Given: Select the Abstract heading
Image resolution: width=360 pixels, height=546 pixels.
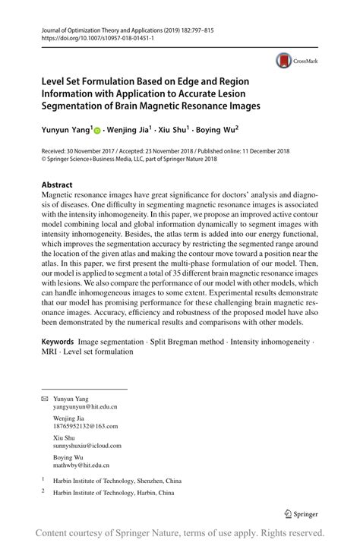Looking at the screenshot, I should (x=58, y=185).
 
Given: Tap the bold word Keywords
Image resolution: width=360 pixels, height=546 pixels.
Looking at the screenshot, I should (x=63, y=341).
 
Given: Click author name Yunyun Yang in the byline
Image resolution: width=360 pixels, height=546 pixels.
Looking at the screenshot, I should (x=66, y=131).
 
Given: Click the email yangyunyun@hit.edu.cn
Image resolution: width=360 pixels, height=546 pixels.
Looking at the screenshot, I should (x=85, y=407).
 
